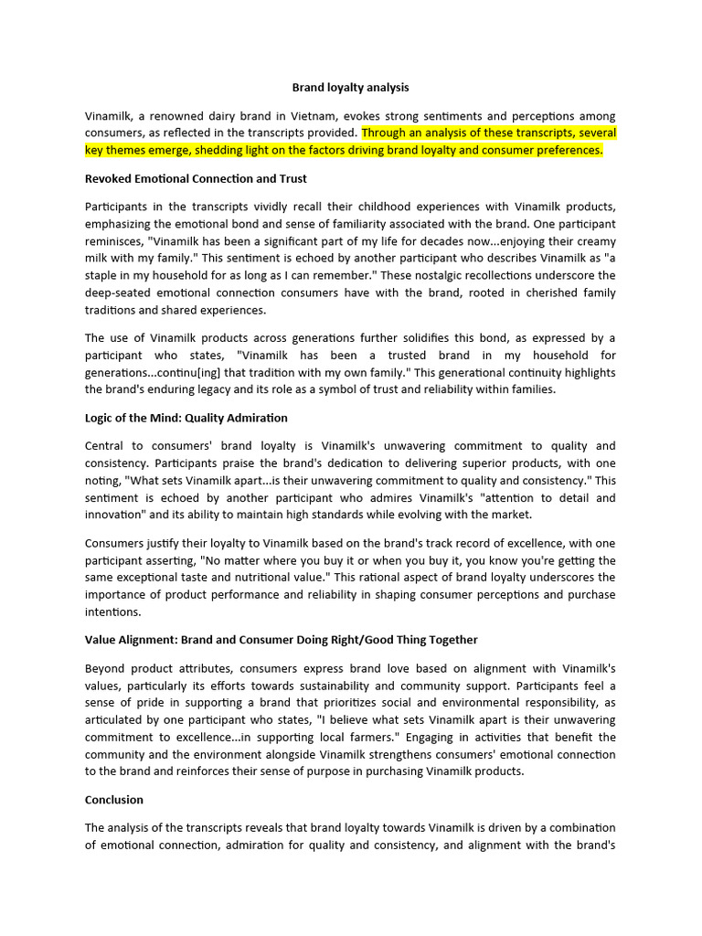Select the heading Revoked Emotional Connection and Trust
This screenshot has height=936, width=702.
[x=196, y=178]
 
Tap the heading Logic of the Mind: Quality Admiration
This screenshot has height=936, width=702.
[x=186, y=418]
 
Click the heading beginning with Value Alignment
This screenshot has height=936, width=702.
[x=282, y=640]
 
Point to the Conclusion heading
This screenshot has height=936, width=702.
[x=114, y=800]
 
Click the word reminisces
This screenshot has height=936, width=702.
[x=113, y=241]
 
